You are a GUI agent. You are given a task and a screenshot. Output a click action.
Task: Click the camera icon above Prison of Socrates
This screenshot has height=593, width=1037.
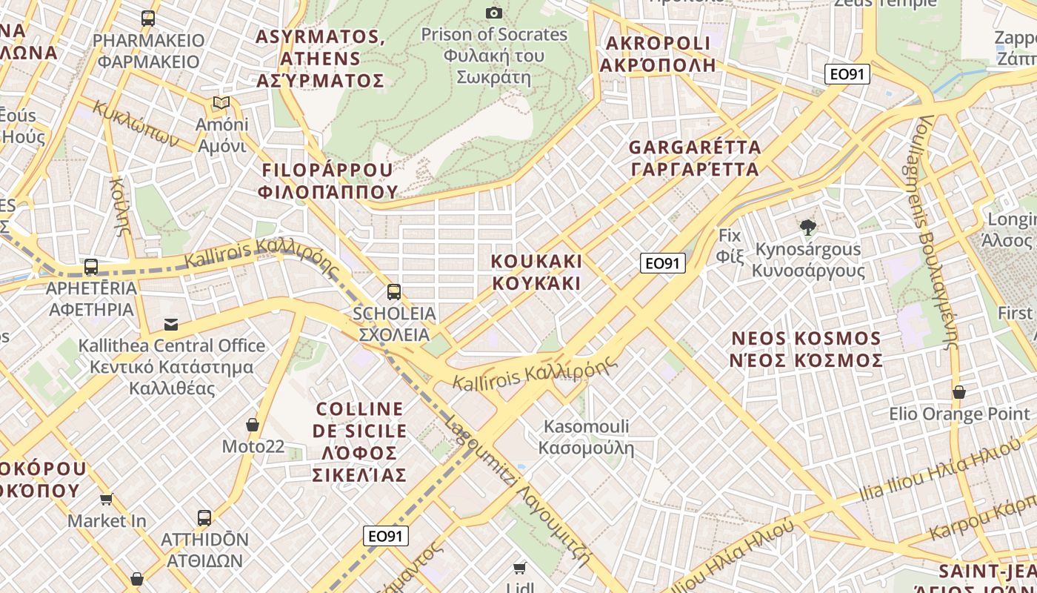click(494, 13)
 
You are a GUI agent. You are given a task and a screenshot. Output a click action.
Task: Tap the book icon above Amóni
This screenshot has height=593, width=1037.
click(221, 102)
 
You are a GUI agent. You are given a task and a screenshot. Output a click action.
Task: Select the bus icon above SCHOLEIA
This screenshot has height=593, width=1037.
click(394, 291)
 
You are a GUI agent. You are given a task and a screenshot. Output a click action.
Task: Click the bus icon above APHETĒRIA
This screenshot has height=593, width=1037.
click(91, 266)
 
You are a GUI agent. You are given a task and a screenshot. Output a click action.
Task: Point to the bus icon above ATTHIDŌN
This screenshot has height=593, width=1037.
click(204, 517)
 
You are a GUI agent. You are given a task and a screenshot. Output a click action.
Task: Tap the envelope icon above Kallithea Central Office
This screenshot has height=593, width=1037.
click(171, 324)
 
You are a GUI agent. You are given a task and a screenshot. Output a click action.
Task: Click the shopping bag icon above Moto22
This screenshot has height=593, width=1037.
click(253, 425)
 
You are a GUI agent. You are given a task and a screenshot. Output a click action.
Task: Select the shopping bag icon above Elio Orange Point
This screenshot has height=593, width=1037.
click(959, 391)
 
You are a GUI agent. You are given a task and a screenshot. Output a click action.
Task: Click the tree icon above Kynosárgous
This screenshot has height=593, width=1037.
click(807, 228)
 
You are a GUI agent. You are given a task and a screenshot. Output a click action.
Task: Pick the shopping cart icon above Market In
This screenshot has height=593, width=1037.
click(107, 499)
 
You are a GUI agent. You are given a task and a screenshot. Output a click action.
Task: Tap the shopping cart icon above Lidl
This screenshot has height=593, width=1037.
click(520, 568)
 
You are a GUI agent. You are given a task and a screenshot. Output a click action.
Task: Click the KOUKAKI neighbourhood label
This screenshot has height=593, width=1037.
click(537, 272)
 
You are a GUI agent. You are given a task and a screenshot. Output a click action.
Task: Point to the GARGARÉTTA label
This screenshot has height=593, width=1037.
click(695, 158)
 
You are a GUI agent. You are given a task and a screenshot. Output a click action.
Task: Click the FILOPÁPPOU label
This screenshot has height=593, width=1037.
click(327, 181)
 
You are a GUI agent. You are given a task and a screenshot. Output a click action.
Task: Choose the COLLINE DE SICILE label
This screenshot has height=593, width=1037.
click(360, 441)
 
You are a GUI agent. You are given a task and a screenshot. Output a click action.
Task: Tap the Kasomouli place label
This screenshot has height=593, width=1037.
click(586, 437)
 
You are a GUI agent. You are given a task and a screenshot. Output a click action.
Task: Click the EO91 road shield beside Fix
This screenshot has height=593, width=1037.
click(663, 262)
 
